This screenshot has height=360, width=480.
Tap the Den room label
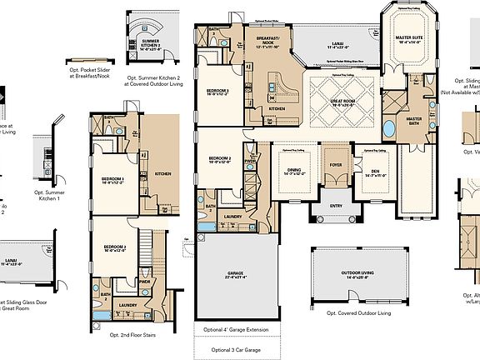click(368, 172)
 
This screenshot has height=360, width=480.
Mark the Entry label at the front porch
click(336, 205)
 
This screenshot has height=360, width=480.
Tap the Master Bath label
click(414, 121)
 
